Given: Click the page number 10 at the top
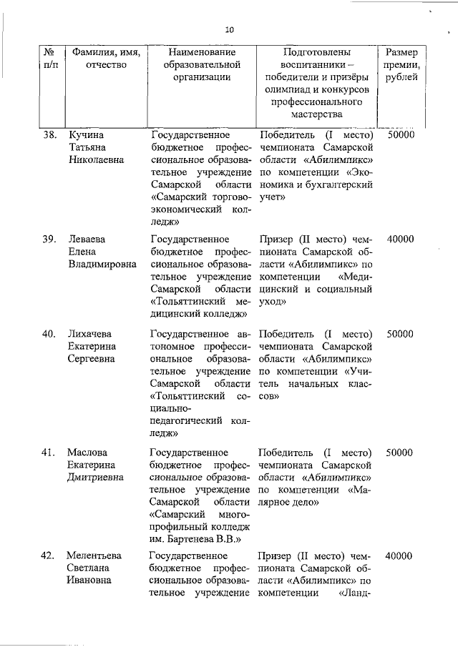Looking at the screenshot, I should [229, 30].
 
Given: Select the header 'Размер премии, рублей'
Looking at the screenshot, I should [401, 65].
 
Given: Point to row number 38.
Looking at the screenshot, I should [49, 134].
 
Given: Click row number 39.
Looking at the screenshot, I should [49, 239].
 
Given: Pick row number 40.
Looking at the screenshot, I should [49, 333].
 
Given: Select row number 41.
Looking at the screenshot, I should [49, 453].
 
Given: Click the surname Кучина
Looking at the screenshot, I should [87, 134].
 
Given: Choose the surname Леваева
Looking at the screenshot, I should [89, 239].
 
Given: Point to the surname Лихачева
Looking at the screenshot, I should [91, 333].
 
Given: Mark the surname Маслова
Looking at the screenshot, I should [89, 453].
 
